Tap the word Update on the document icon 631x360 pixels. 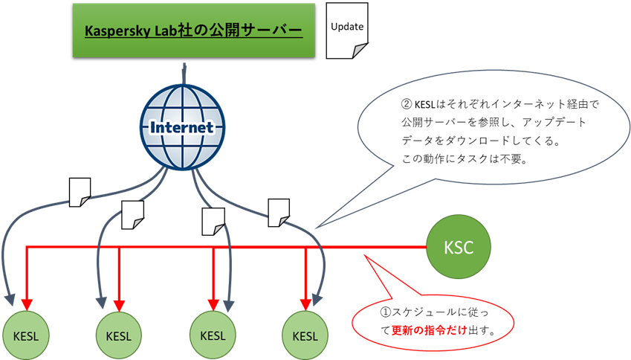pyautogui.click(x=346, y=27)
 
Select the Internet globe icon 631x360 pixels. pyautogui.click(x=182, y=126)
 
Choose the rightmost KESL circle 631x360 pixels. pyautogui.click(x=305, y=335)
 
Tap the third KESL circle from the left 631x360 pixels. pyautogui.click(x=213, y=335)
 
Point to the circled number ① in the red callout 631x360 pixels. pyautogui.click(x=385, y=312)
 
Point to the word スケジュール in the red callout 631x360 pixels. pyautogui.click(x=425, y=312)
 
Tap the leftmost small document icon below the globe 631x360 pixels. pyautogui.click(x=80, y=192)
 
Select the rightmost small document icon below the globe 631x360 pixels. pyautogui.click(x=279, y=212)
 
